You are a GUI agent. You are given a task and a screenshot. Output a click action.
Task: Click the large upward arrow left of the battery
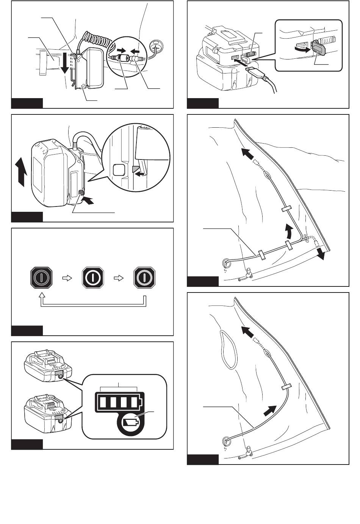point(22,172)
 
